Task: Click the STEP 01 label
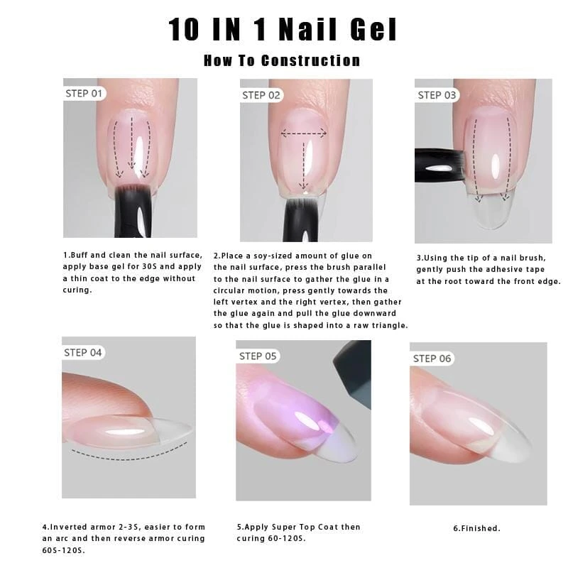(84, 94)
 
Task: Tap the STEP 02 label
(261, 95)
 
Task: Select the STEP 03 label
(437, 95)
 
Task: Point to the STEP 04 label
(83, 352)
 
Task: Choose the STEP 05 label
(258, 356)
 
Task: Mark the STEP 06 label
(432, 359)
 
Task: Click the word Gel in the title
(373, 29)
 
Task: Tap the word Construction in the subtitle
(310, 60)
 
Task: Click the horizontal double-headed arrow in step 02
(304, 133)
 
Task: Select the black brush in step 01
(132, 212)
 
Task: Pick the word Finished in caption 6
(479, 528)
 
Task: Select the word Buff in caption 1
(79, 255)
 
